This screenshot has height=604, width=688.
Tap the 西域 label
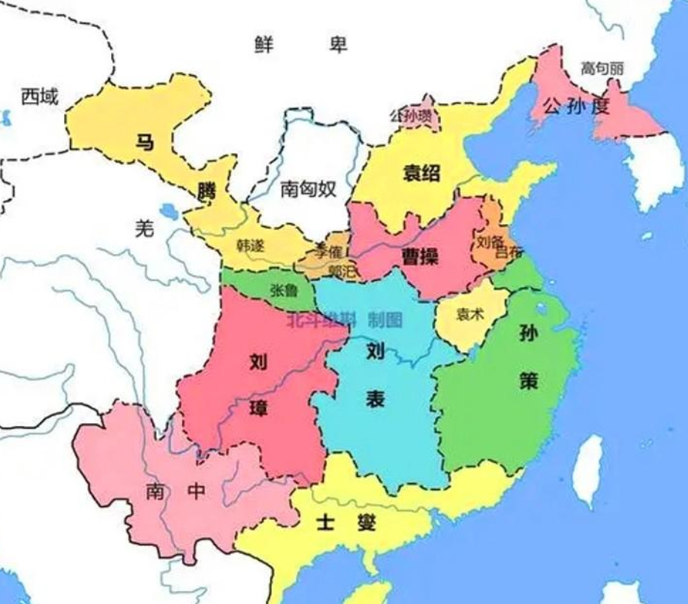(x=39, y=96)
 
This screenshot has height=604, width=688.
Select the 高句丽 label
(x=602, y=68)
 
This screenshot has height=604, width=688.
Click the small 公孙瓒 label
(x=411, y=116)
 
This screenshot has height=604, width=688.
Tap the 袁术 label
(x=470, y=315)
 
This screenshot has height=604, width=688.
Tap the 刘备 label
(x=490, y=242)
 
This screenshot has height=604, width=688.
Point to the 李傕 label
(x=328, y=247)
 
